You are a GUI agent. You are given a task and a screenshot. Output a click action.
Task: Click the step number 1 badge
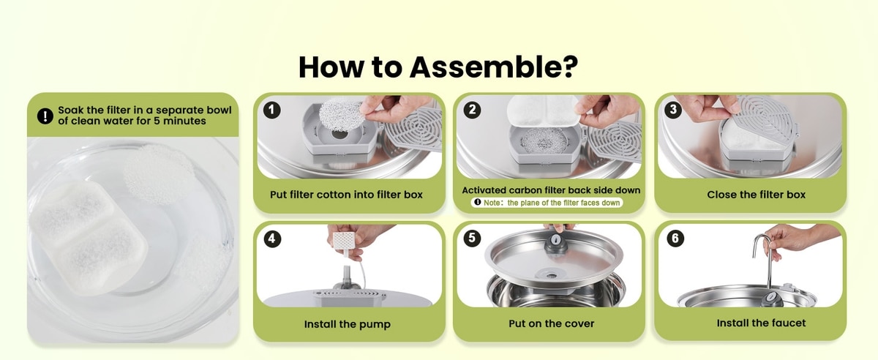[271, 110]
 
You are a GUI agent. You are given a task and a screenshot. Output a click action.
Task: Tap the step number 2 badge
[472, 110]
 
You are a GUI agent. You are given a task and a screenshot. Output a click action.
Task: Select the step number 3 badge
[673, 110]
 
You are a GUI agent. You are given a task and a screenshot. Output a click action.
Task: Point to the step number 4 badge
[272, 239]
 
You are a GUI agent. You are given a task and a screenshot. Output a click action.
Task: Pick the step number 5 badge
[472, 238]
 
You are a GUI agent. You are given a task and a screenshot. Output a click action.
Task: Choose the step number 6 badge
[675, 239]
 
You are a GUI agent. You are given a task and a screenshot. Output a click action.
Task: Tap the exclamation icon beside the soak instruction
[45, 116]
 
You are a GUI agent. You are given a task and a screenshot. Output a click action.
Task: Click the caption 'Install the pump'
[348, 324]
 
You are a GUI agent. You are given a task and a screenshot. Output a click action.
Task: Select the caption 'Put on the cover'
[551, 323]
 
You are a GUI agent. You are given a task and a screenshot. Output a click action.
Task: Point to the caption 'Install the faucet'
[761, 323]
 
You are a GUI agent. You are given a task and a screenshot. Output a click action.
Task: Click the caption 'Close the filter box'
[756, 195]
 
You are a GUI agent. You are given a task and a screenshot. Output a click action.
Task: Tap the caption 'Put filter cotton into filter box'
[346, 195]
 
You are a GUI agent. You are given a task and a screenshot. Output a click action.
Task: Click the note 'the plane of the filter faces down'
[563, 203]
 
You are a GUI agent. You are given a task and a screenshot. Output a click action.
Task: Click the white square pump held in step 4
[344, 240]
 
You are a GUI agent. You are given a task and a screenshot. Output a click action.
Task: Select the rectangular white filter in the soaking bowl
[89, 237]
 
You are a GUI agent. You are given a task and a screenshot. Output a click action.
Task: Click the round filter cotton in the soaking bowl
[159, 173]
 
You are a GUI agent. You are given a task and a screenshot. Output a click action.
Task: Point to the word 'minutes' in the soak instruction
[184, 121]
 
